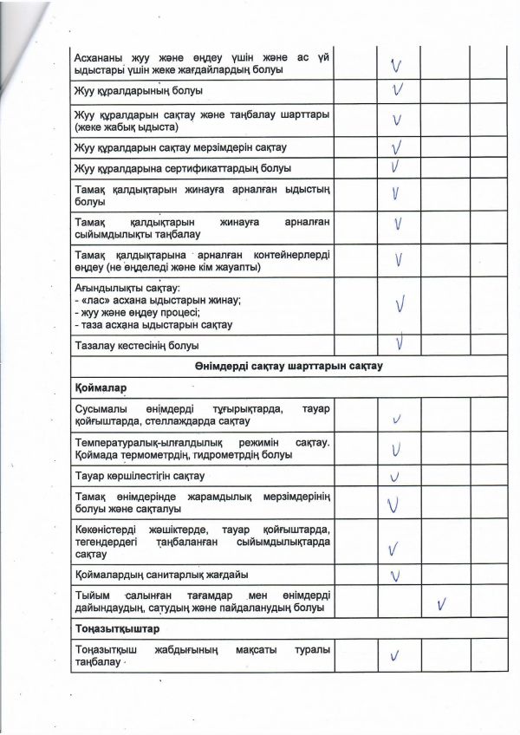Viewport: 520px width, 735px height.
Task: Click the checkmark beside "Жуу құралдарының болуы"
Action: pos(397,91)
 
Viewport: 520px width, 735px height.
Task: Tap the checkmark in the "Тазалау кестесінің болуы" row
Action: pos(400,344)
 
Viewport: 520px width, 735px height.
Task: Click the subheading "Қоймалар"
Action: pos(96,387)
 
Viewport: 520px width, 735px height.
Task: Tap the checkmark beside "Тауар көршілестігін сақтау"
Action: pos(395,477)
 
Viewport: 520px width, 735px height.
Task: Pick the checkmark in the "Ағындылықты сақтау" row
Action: pos(400,304)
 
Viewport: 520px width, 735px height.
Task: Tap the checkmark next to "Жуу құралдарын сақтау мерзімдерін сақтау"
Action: pos(397,146)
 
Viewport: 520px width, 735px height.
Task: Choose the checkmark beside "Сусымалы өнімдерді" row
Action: pos(396,420)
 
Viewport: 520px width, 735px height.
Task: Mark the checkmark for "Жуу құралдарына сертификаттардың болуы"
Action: pos(395,166)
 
